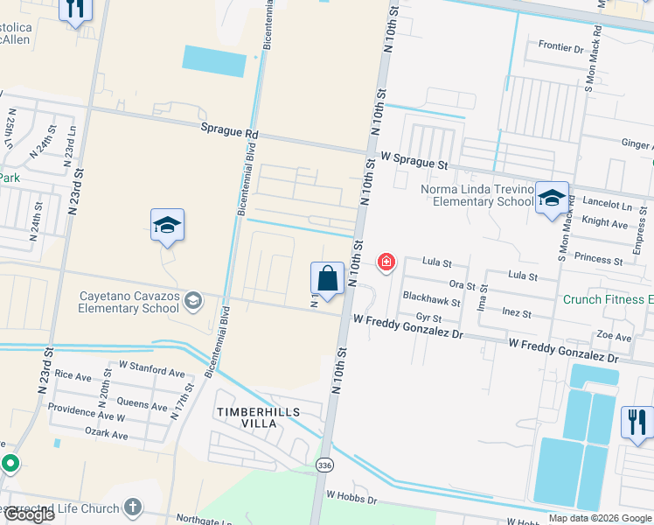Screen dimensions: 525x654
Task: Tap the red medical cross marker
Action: tap(385, 262)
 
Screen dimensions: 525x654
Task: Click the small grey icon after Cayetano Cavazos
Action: tap(193, 303)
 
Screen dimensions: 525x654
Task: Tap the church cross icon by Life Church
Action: tap(133, 507)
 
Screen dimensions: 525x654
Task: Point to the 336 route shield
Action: tap(325, 463)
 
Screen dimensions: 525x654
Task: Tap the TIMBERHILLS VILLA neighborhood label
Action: tap(259, 417)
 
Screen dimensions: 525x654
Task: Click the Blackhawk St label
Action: tap(430, 297)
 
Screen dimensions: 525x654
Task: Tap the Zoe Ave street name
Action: tap(613, 336)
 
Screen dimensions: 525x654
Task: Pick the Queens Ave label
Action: tap(142, 406)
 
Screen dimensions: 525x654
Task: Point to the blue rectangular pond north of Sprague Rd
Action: tap(214, 59)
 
